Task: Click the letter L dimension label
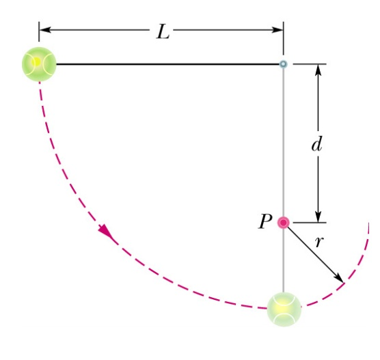[x=163, y=31]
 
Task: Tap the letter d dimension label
[x=317, y=144]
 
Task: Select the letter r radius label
[x=319, y=242]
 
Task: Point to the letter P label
[x=264, y=221]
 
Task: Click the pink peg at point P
[x=284, y=223]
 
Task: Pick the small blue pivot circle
[x=284, y=64]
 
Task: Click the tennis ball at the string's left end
[x=39, y=64]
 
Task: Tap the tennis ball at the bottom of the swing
[x=284, y=309]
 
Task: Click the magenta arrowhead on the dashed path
[x=106, y=231]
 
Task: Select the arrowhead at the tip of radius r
[x=339, y=278]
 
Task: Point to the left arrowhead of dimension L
[x=45, y=30]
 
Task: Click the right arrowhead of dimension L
[x=277, y=30]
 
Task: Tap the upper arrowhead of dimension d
[x=318, y=70]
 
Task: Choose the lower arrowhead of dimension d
[x=318, y=217]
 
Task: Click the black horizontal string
[x=167, y=64]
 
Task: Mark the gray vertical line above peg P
[x=284, y=142]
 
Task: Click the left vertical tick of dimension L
[x=39, y=31]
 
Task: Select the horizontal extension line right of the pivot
[x=310, y=64]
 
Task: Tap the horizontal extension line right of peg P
[x=310, y=223]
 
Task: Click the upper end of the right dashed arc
[x=368, y=223]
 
